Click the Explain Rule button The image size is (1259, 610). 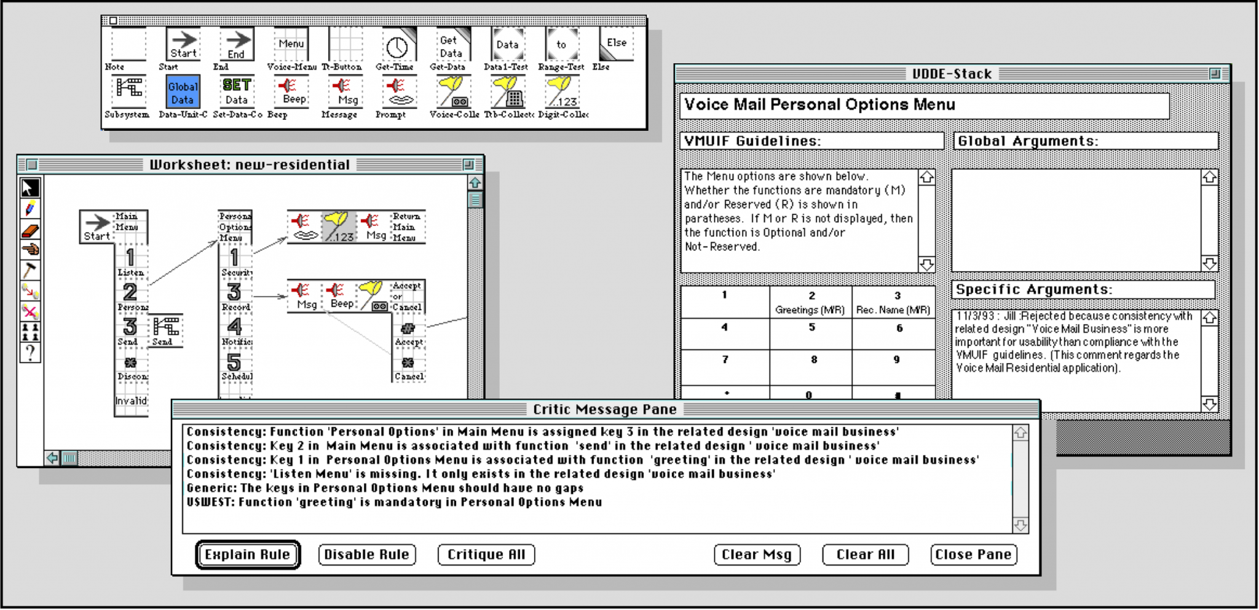pyautogui.click(x=248, y=555)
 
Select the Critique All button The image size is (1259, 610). pyautogui.click(x=486, y=555)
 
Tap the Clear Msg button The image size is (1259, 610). pyautogui.click(x=757, y=555)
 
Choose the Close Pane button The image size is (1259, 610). pyautogui.click(x=973, y=555)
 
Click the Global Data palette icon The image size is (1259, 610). pyautogui.click(x=183, y=93)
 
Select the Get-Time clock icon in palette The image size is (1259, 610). pyautogui.click(x=397, y=47)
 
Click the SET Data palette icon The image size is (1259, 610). pyautogui.click(x=237, y=92)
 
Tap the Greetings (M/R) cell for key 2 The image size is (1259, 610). pyautogui.click(x=810, y=303)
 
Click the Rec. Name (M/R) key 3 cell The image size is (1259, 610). pyautogui.click(x=894, y=303)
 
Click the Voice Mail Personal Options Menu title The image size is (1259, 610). pyautogui.click(x=819, y=105)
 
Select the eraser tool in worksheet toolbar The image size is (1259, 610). pyautogui.click(x=30, y=231)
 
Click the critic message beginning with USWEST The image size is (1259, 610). pyautogui.click(x=393, y=502)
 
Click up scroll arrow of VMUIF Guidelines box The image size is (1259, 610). pyautogui.click(x=926, y=178)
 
